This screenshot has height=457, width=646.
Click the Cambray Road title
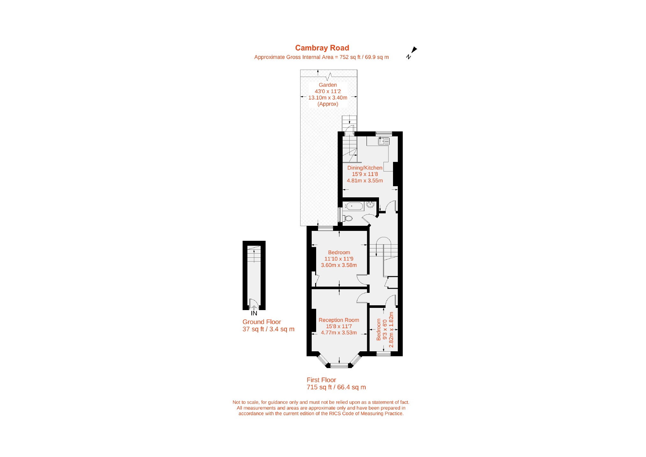pyautogui.click(x=322, y=48)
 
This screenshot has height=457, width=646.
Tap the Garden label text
pyautogui.click(x=328, y=85)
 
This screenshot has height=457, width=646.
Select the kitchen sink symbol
pyautogui.click(x=383, y=141)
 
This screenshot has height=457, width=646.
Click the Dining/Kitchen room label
pyautogui.click(x=365, y=168)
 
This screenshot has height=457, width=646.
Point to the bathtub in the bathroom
pyautogui.click(x=354, y=206)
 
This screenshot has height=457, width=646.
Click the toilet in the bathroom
pyautogui.click(x=348, y=218)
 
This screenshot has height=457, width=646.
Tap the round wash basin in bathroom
pyautogui.click(x=370, y=205)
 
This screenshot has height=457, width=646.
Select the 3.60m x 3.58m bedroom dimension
pyautogui.click(x=339, y=265)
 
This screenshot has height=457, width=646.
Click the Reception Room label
pyautogui.click(x=339, y=320)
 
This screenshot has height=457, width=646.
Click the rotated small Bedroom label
pyautogui.click(x=379, y=330)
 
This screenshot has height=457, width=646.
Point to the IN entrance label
pyautogui.click(x=254, y=314)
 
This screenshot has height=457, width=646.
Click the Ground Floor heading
pyautogui.click(x=262, y=322)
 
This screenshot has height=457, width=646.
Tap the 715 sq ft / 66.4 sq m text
pyautogui.click(x=336, y=387)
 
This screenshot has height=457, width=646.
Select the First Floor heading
pyautogui.click(x=321, y=380)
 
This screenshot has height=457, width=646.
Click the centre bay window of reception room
pyautogui.click(x=339, y=366)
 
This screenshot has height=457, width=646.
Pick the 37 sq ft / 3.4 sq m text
pyautogui.click(x=268, y=329)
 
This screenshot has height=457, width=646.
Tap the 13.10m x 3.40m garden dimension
pyautogui.click(x=328, y=98)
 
